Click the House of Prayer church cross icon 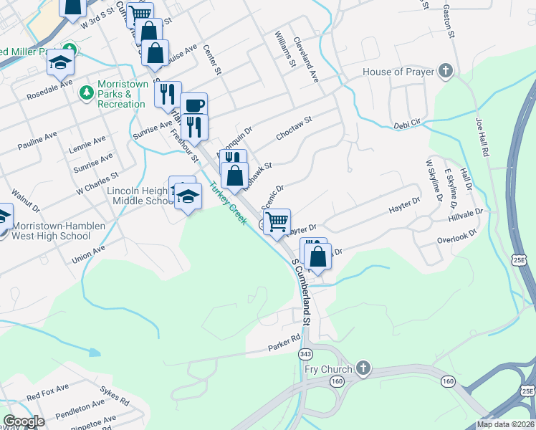446,72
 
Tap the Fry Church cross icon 363,369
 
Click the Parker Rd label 284,343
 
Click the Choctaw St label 295,128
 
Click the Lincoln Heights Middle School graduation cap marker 188,196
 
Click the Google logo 23,421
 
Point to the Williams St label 285,49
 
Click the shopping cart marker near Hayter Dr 277,222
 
